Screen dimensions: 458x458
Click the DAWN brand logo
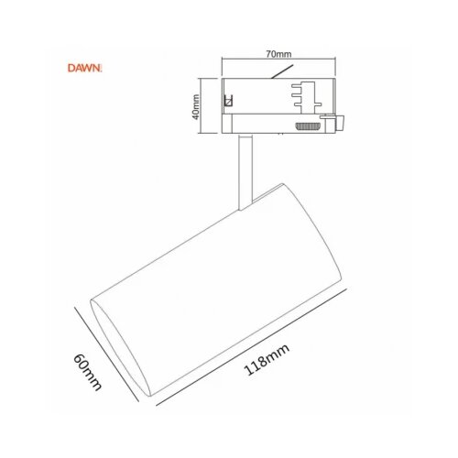(x=84, y=68)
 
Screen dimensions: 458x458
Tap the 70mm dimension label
(x=278, y=54)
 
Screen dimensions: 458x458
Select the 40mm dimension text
(x=196, y=107)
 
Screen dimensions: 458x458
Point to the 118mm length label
(x=267, y=359)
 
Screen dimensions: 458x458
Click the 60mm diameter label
(x=87, y=372)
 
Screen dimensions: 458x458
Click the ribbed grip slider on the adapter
(x=308, y=125)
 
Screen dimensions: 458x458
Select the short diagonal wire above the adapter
(x=282, y=71)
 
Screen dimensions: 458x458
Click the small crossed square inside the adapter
(x=228, y=100)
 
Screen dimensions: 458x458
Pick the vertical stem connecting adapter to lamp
(x=245, y=172)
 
